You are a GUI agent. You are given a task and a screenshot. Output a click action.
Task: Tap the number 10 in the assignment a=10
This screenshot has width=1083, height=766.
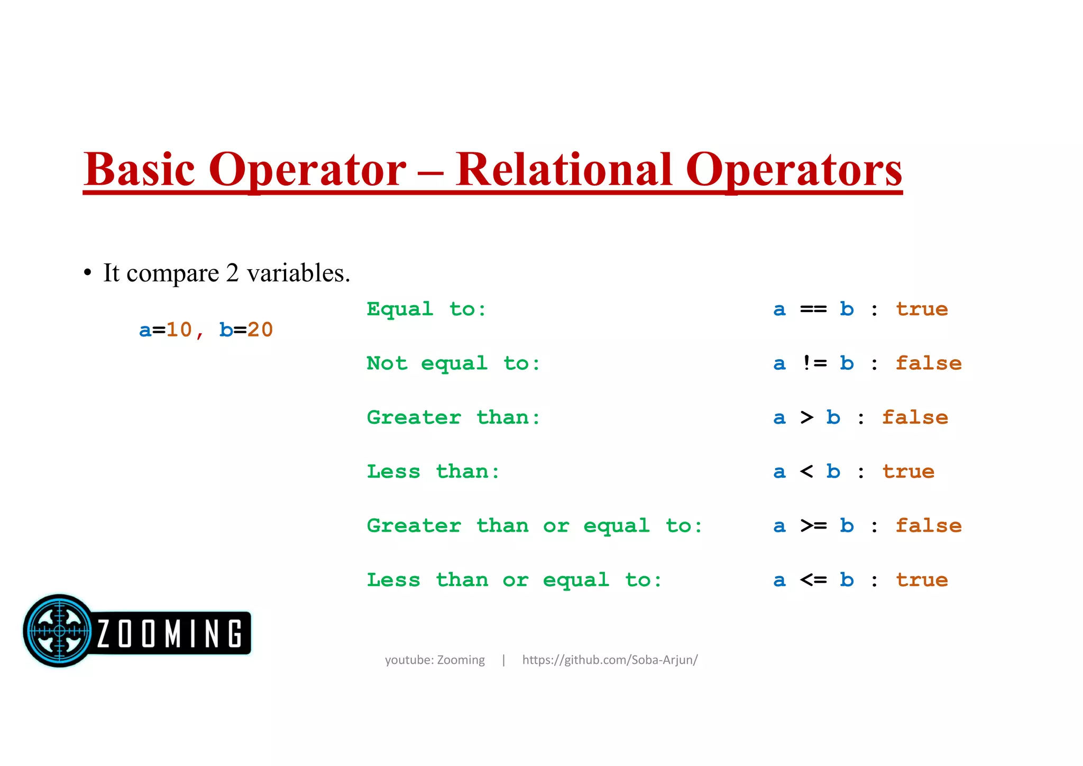click(179, 330)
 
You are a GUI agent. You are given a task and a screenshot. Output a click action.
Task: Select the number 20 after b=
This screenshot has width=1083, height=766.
click(260, 330)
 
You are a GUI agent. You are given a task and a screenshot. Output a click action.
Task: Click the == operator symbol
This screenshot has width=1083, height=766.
click(813, 309)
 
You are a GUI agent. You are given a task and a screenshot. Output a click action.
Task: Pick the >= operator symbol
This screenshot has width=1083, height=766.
click(813, 526)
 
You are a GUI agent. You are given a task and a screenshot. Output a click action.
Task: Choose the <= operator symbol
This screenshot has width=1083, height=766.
click(813, 580)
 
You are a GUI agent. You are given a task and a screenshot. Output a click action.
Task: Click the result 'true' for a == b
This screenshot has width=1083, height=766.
click(922, 309)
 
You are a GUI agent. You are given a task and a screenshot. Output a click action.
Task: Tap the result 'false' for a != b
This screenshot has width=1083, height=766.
click(929, 363)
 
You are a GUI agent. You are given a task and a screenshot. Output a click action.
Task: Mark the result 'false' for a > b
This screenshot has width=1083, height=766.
click(915, 418)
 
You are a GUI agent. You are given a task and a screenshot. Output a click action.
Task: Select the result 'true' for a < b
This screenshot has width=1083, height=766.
click(908, 472)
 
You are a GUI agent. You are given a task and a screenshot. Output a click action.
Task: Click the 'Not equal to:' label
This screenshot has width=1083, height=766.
click(453, 364)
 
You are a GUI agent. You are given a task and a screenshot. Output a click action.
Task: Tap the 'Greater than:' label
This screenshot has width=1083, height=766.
click(453, 418)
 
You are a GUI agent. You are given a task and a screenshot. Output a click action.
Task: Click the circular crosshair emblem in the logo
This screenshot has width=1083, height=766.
click(59, 631)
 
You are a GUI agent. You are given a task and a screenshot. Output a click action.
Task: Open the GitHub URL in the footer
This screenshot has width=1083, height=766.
click(610, 660)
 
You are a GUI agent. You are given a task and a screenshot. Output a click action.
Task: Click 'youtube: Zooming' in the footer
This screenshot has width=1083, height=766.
click(435, 660)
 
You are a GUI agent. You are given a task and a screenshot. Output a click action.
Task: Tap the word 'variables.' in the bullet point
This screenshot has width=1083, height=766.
click(298, 273)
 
